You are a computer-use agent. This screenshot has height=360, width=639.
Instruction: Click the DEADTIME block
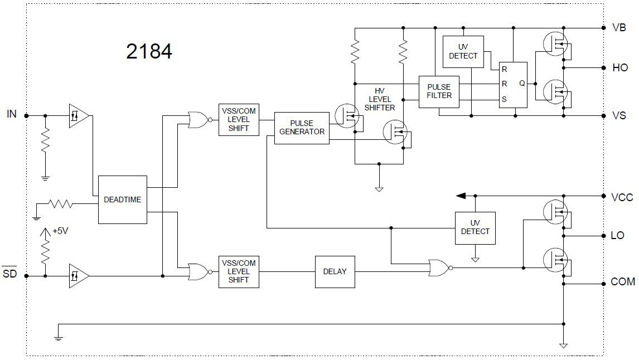123,200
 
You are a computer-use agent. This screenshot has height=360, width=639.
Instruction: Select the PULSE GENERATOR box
302,128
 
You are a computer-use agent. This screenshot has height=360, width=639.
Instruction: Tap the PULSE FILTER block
439,91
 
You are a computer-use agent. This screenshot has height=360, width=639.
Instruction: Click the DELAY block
335,271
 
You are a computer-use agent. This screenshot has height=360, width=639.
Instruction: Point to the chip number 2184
149,51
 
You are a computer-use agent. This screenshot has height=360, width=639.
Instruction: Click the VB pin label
619,27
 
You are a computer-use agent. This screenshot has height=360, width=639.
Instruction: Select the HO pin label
619,67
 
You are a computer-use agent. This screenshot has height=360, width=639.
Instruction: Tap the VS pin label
619,116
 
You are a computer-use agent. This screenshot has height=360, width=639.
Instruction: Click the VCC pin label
622,197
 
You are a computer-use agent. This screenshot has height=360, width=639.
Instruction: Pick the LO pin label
617,236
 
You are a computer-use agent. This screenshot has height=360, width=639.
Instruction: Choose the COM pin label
622,282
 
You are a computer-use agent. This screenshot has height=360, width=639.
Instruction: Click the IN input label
12,114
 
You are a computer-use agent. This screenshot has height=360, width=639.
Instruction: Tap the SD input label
10,274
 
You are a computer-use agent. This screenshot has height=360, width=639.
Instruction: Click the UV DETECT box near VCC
475,227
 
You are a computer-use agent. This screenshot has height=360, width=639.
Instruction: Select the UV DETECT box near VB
463,52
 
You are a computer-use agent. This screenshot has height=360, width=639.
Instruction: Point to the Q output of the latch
522,83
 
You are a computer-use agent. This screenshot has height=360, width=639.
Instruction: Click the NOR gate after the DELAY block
438,267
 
